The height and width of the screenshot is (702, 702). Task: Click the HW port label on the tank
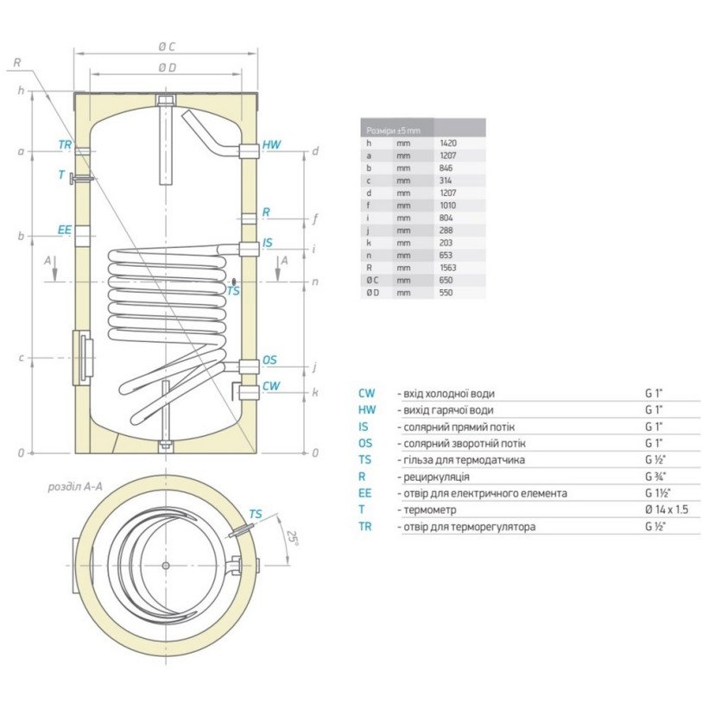click(x=271, y=146)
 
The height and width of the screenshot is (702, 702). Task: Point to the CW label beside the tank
click(x=270, y=386)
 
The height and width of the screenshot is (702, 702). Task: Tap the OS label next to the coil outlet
click(x=270, y=360)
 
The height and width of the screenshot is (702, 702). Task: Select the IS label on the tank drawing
click(x=268, y=243)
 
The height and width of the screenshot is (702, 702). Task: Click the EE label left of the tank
click(x=64, y=229)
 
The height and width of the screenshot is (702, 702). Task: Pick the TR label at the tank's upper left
click(x=65, y=145)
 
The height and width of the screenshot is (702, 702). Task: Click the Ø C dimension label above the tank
click(x=167, y=46)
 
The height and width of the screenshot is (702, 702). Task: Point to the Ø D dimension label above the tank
click(x=167, y=67)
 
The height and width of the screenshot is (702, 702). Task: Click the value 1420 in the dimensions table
click(x=447, y=142)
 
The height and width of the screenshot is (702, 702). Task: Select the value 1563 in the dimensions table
click(x=447, y=268)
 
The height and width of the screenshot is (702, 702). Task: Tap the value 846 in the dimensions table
click(x=446, y=168)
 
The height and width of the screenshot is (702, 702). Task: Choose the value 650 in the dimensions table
click(x=446, y=281)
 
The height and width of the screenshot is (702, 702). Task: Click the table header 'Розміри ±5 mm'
click(x=393, y=130)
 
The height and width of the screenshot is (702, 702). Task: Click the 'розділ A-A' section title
click(x=75, y=487)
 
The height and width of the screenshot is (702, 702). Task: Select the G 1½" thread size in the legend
click(x=658, y=493)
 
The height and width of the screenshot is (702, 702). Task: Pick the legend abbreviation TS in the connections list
click(x=367, y=459)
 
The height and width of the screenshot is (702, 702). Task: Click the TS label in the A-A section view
click(x=255, y=514)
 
